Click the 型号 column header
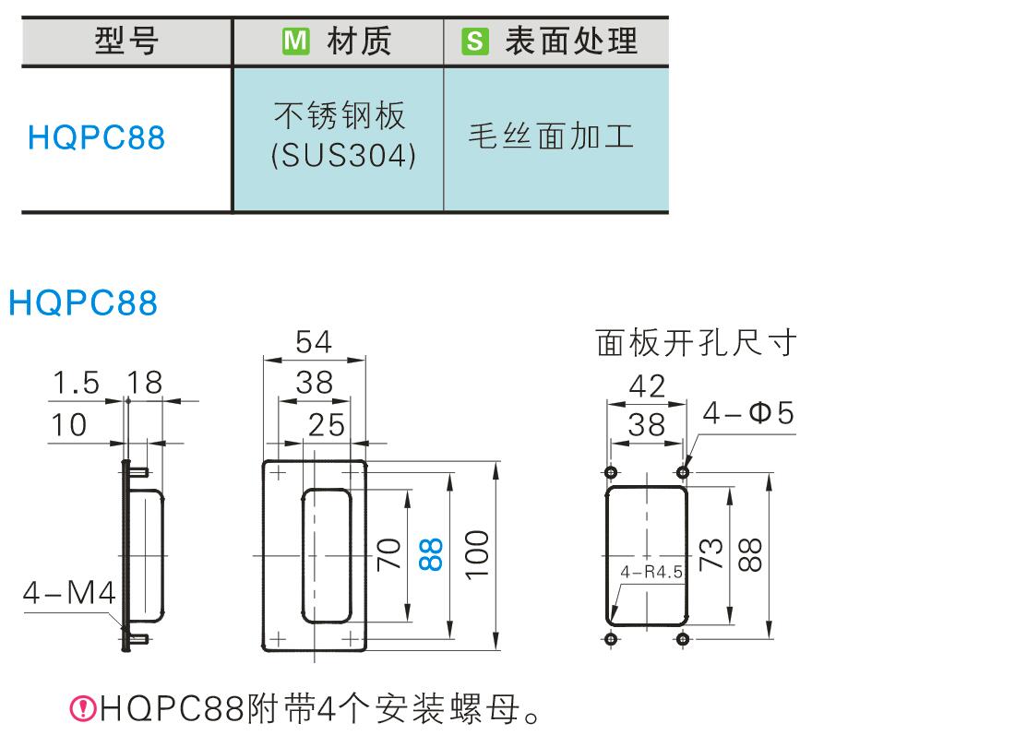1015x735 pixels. click(126, 41)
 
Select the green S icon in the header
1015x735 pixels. click(474, 41)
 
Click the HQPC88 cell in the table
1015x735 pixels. click(97, 138)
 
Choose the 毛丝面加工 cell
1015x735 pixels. click(554, 138)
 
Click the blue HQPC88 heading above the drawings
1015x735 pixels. click(83, 302)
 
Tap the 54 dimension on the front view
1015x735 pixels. click(314, 343)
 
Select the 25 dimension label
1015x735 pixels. click(326, 424)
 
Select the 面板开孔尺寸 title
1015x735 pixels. click(696, 344)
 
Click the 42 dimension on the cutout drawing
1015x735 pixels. click(646, 385)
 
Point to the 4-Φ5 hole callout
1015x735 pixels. click(747, 413)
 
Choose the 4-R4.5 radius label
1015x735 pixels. click(651, 573)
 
